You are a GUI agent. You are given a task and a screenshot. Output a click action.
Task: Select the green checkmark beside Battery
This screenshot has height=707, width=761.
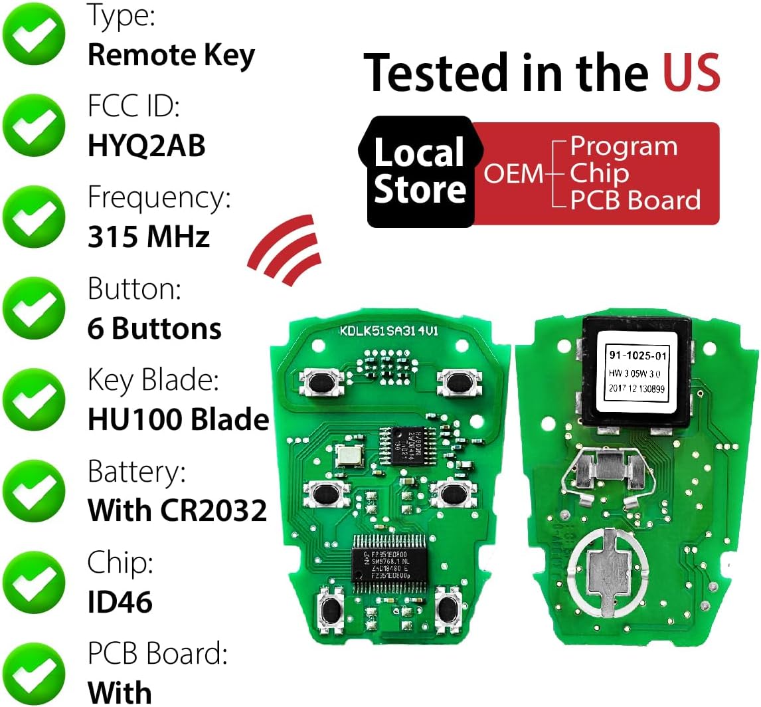click(34, 492)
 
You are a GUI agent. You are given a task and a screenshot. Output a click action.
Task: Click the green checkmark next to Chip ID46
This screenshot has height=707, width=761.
click(34, 583)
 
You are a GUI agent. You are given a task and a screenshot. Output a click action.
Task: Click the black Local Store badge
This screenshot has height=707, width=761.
click(420, 171)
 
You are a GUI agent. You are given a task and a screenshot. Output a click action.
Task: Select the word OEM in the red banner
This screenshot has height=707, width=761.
click(513, 173)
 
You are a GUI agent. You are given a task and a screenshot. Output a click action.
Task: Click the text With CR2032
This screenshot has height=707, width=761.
click(177, 510)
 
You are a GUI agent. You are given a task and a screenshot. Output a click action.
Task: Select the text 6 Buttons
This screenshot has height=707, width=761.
click(154, 328)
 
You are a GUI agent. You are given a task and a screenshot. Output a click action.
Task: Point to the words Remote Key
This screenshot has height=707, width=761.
click(171, 55)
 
